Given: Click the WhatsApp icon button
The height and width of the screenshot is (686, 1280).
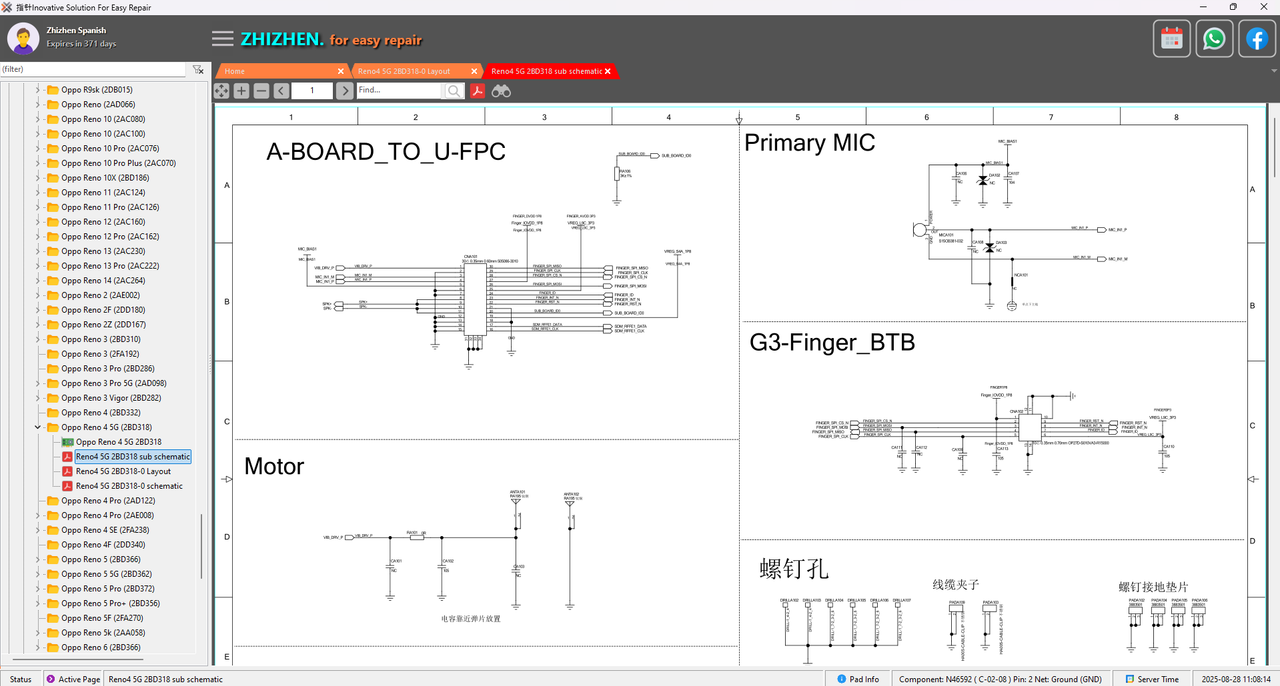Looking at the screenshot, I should pyautogui.click(x=1214, y=39).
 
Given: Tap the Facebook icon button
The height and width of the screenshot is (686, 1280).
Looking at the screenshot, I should pyautogui.click(x=1256, y=39).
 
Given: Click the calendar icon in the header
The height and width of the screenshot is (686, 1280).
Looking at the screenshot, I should pyautogui.click(x=1172, y=39).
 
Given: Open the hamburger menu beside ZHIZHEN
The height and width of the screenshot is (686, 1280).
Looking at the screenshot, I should pyautogui.click(x=223, y=39).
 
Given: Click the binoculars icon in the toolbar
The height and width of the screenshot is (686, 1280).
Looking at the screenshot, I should pyautogui.click(x=501, y=90).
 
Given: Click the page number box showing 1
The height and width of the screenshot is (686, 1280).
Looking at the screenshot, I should pyautogui.click(x=312, y=90).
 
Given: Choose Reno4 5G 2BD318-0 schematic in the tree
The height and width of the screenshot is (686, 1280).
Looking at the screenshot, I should pyautogui.click(x=129, y=486).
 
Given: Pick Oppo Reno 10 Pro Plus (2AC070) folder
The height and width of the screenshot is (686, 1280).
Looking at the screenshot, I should pyautogui.click(x=118, y=163).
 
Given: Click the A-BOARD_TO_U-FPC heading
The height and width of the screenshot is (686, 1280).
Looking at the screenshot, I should pyautogui.click(x=386, y=152).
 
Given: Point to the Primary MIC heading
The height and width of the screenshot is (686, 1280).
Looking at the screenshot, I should pyautogui.click(x=809, y=143).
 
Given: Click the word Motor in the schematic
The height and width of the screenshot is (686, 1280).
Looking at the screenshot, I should pyautogui.click(x=274, y=466).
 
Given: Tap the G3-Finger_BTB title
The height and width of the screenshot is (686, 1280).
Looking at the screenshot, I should pyautogui.click(x=832, y=343).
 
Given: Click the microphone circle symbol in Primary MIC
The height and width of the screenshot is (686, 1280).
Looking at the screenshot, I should pyautogui.click(x=920, y=230).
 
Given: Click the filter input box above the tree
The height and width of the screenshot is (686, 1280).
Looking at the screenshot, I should pyautogui.click(x=92, y=69).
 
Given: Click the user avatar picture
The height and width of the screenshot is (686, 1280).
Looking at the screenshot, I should pyautogui.click(x=23, y=39).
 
